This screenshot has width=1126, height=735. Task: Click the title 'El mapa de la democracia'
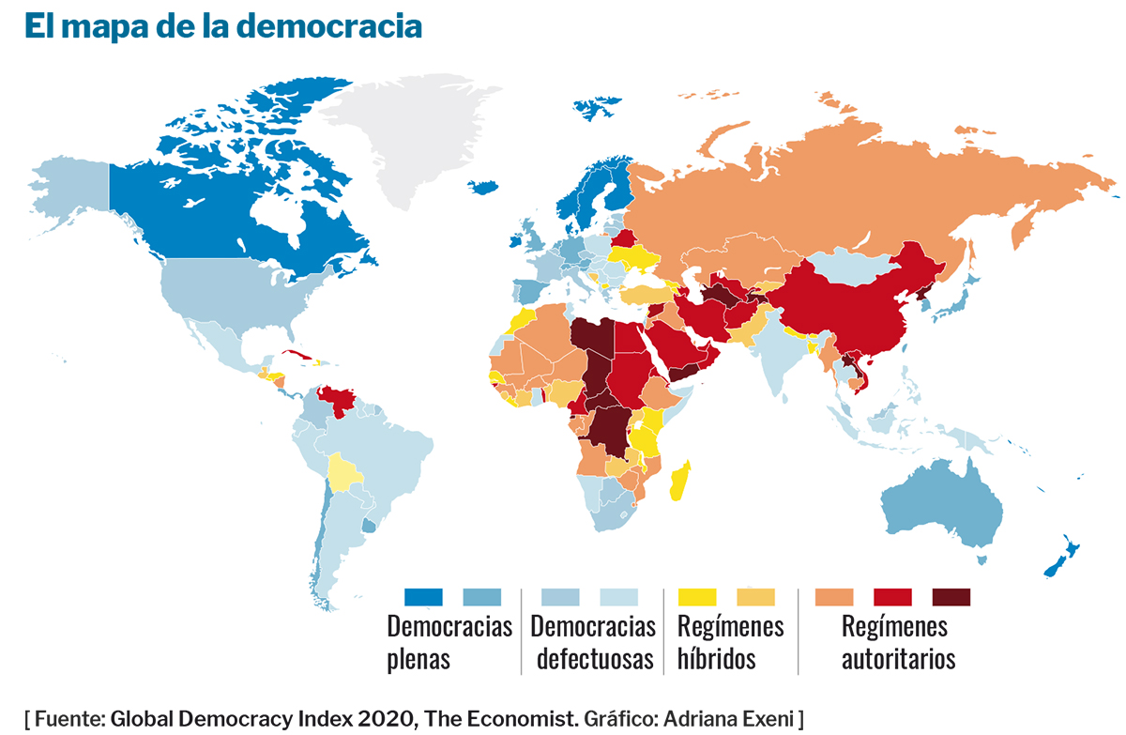click(223, 26)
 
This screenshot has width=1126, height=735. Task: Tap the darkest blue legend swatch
click(422, 597)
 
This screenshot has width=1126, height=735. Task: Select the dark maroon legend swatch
click(951, 597)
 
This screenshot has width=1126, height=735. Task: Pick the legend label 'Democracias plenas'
click(449, 642)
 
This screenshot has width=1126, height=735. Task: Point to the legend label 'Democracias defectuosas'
click(595, 642)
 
